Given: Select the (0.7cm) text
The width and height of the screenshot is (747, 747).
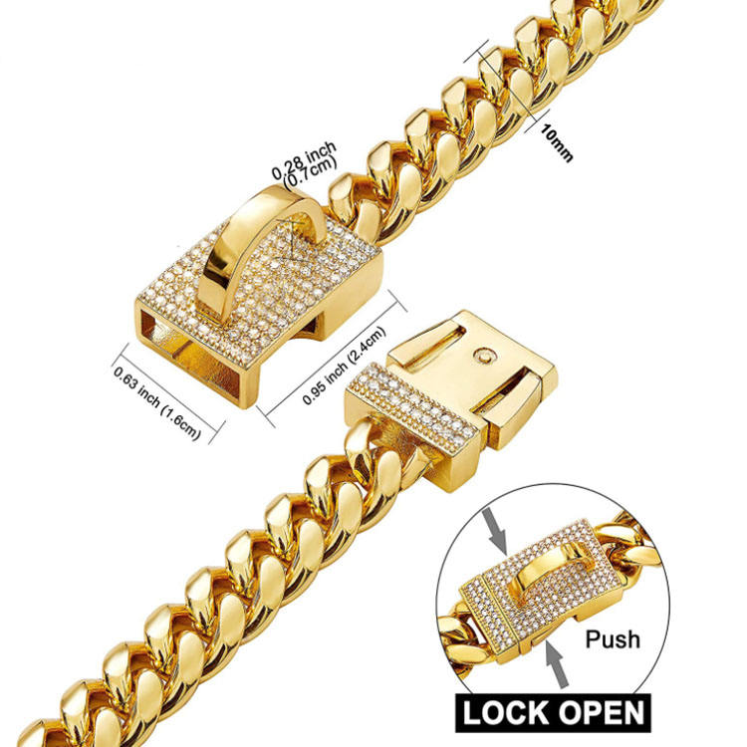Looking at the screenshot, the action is [310, 173].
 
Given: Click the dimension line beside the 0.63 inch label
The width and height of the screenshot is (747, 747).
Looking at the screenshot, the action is [164, 384].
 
